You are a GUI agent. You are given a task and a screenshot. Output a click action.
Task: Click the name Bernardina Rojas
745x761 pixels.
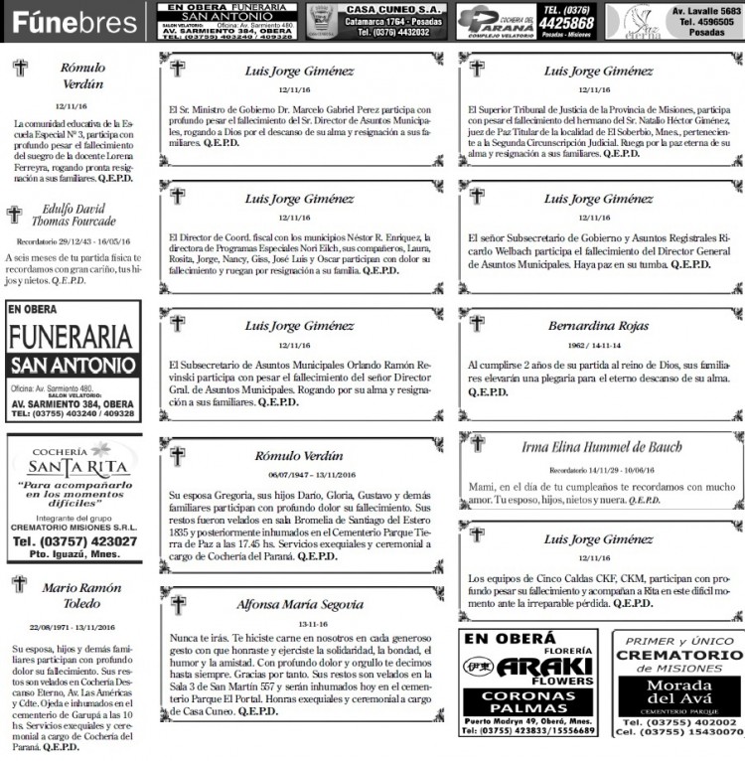point(598,325)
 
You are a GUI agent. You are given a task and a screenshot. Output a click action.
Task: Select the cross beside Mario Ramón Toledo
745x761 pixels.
point(18,585)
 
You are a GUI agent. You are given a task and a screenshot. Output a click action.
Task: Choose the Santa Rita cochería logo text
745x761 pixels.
point(72,467)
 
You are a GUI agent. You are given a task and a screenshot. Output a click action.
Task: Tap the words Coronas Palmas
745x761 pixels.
point(530,703)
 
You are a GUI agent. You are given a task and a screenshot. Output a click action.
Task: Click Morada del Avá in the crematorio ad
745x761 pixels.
point(677,692)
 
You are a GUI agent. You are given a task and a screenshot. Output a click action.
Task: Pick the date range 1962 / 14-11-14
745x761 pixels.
point(598,345)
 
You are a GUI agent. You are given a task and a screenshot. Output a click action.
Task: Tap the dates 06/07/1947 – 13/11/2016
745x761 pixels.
point(300,474)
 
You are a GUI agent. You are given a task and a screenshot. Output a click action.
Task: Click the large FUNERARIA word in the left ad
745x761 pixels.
point(72,335)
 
